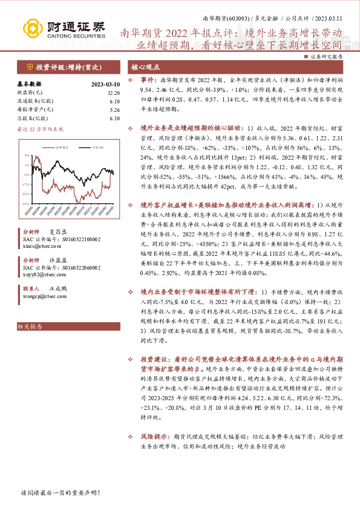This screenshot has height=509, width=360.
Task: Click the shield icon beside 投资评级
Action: (x=29, y=66)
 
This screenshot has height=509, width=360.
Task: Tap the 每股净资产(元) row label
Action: (x=37, y=110)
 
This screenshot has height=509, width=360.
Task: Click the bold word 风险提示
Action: (x=154, y=435)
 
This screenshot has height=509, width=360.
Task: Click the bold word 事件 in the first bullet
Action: (x=148, y=80)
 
